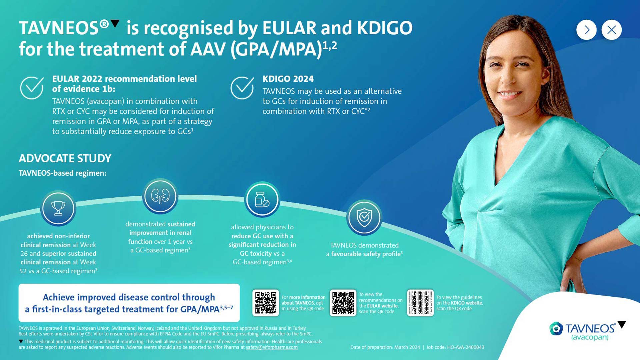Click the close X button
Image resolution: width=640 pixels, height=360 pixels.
(x=611, y=30)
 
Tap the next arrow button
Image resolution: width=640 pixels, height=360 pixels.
(x=586, y=30)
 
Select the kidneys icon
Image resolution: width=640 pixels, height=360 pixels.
(x=160, y=196)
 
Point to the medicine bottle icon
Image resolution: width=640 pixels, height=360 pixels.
(x=262, y=199)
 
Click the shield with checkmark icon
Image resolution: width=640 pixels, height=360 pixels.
(x=364, y=217)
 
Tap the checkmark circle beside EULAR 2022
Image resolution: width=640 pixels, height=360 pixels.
(x=32, y=88)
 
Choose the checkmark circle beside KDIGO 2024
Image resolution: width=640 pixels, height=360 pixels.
(x=242, y=88)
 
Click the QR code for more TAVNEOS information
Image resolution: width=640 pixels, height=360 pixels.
(x=266, y=303)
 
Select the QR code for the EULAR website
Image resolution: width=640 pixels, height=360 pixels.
(x=343, y=303)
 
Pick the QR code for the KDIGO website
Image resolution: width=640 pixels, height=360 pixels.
(x=420, y=303)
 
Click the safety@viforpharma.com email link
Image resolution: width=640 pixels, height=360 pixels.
(x=272, y=347)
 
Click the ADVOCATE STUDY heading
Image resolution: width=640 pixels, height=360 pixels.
(x=65, y=158)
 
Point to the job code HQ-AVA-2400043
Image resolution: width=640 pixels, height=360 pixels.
(x=466, y=347)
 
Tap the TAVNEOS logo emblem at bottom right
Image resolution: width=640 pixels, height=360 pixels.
(x=556, y=329)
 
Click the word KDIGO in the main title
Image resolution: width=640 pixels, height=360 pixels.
(x=385, y=28)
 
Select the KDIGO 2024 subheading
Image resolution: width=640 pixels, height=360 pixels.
(x=288, y=79)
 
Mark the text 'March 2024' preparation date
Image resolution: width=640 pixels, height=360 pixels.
(x=407, y=347)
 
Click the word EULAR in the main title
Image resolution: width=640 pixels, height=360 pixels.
(x=289, y=28)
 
